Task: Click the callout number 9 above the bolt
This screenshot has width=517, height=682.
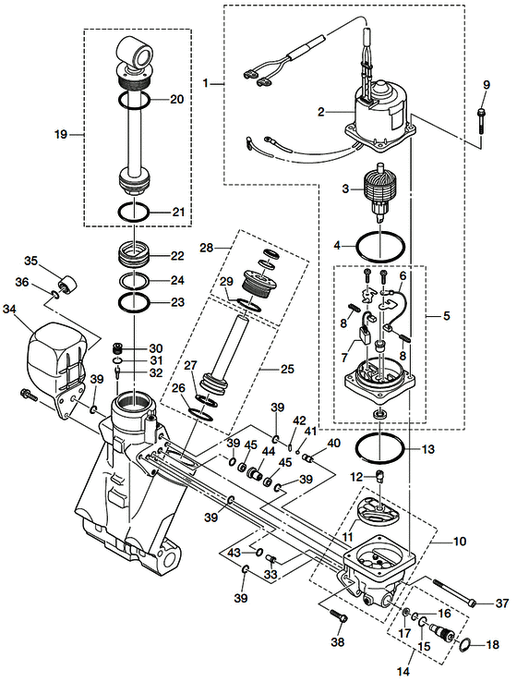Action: (487, 84)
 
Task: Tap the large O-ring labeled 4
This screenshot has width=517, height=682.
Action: (380, 247)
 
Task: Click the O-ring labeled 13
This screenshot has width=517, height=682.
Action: (379, 448)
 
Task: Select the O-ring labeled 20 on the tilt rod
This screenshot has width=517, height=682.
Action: (134, 100)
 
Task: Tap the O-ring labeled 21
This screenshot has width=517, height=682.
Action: (134, 213)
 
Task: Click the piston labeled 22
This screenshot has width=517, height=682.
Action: (134, 255)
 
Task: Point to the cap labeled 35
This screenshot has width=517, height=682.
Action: (68, 285)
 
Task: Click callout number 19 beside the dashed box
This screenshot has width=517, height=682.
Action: (61, 134)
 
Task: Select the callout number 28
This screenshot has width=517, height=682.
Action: (207, 248)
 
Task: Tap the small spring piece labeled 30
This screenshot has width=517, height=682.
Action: (117, 348)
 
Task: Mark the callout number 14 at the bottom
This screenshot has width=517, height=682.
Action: (403, 672)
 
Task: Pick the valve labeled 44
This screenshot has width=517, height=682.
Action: (255, 471)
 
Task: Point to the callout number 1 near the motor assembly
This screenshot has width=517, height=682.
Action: (206, 82)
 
